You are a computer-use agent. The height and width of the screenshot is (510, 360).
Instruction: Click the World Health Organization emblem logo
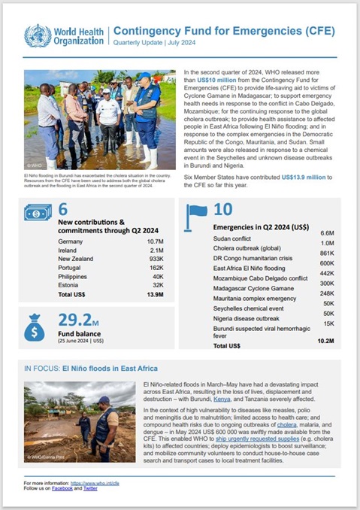point(38,35)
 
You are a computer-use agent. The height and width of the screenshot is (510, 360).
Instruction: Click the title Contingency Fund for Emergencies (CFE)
point(225,31)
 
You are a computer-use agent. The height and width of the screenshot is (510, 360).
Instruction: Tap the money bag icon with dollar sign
point(35,328)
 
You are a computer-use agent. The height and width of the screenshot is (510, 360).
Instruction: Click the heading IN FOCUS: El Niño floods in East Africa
point(92,369)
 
